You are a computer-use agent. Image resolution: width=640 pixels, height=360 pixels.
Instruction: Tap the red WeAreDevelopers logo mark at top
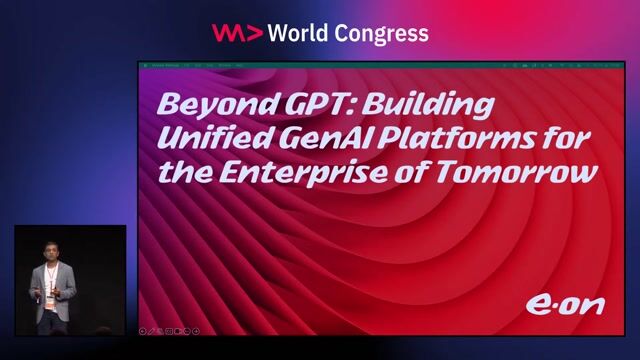pos(236,33)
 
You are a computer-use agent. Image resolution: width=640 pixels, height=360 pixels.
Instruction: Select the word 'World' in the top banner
pos(300,33)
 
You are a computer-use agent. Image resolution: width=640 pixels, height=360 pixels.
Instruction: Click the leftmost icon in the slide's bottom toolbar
pos(143,329)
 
